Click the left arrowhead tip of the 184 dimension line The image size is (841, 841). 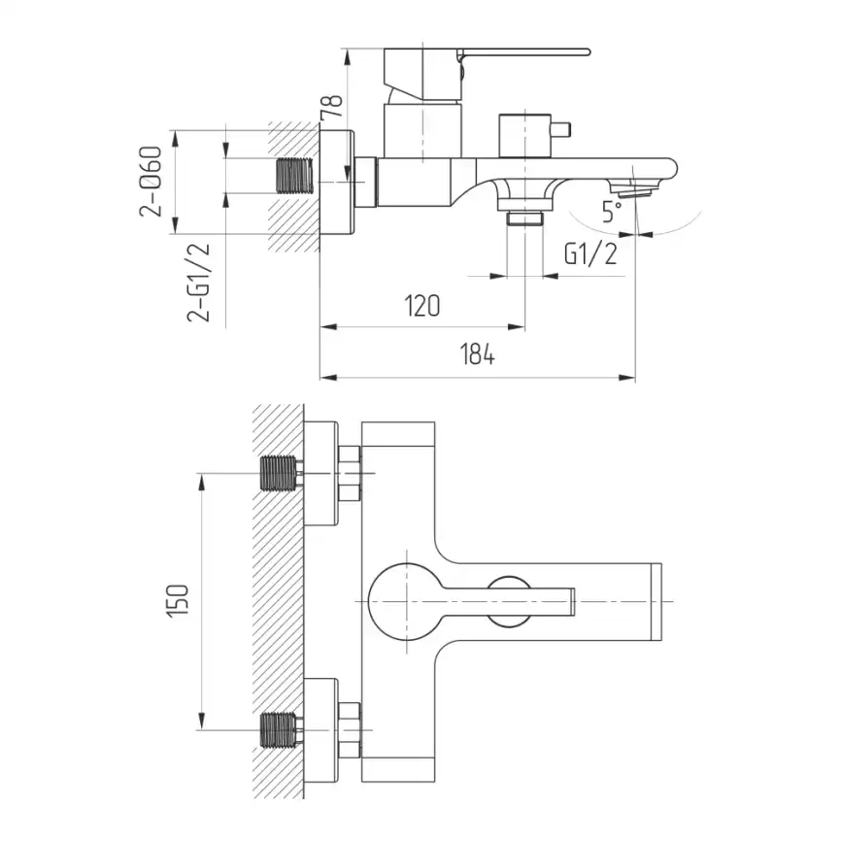[x=320, y=378]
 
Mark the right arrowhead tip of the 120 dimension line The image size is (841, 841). [x=524, y=326]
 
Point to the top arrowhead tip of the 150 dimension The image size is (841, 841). [x=202, y=474]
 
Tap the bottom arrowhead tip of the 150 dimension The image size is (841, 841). [x=202, y=729]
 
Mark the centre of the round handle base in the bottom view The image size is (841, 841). [x=407, y=601]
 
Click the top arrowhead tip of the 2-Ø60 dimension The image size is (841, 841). [x=174, y=130]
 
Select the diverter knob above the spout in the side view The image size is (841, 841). [x=534, y=135]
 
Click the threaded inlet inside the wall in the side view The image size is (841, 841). [x=294, y=176]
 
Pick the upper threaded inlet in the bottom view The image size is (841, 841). [x=279, y=473]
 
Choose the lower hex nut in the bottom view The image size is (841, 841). [x=350, y=730]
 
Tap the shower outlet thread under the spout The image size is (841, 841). [x=525, y=219]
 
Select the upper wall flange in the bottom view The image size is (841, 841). [x=320, y=473]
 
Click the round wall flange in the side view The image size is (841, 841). [x=337, y=182]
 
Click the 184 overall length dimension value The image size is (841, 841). [x=478, y=354]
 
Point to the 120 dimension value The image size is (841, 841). [x=422, y=306]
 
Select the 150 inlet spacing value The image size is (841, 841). [x=178, y=601]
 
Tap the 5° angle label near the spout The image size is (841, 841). [x=612, y=212]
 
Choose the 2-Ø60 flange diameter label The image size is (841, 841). [x=151, y=182]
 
